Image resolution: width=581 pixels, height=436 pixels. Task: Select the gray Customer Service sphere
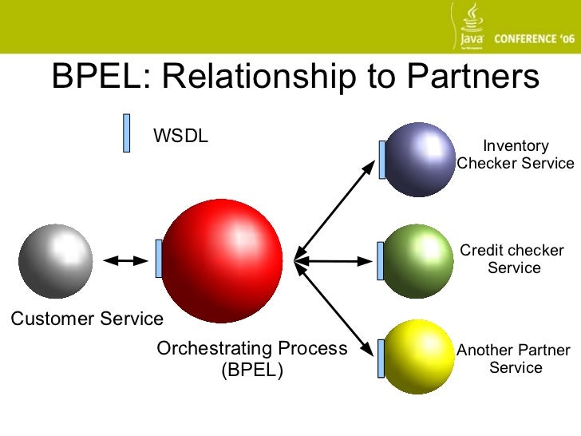pyautogui.click(x=55, y=260)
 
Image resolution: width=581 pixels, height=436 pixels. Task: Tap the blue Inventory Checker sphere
pyautogui.click(x=419, y=159)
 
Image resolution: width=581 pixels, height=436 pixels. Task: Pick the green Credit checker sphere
pyautogui.click(x=419, y=260)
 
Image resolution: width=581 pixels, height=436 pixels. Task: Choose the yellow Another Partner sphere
pyautogui.click(x=419, y=357)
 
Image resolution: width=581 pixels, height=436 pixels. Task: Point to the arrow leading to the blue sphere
pyautogui.click(x=335, y=209)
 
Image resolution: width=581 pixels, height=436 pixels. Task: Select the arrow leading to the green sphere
pyautogui.click(x=335, y=260)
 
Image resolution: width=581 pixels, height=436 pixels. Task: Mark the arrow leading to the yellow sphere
pyautogui.click(x=335, y=307)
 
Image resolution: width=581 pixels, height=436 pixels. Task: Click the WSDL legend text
pyautogui.click(x=180, y=136)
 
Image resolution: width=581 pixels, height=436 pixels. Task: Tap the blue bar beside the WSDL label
pyautogui.click(x=126, y=133)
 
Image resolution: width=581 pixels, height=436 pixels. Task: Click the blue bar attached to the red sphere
pyautogui.click(x=159, y=259)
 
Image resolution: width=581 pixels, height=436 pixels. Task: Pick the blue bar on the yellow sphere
pyautogui.click(x=381, y=357)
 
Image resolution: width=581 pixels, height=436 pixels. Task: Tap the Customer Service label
pyautogui.click(x=86, y=319)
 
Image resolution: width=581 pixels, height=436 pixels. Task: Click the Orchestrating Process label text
pyautogui.click(x=252, y=349)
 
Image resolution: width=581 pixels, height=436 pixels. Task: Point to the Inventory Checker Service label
pyautogui.click(x=516, y=155)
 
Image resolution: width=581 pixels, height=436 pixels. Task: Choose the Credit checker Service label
pyautogui.click(x=512, y=260)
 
